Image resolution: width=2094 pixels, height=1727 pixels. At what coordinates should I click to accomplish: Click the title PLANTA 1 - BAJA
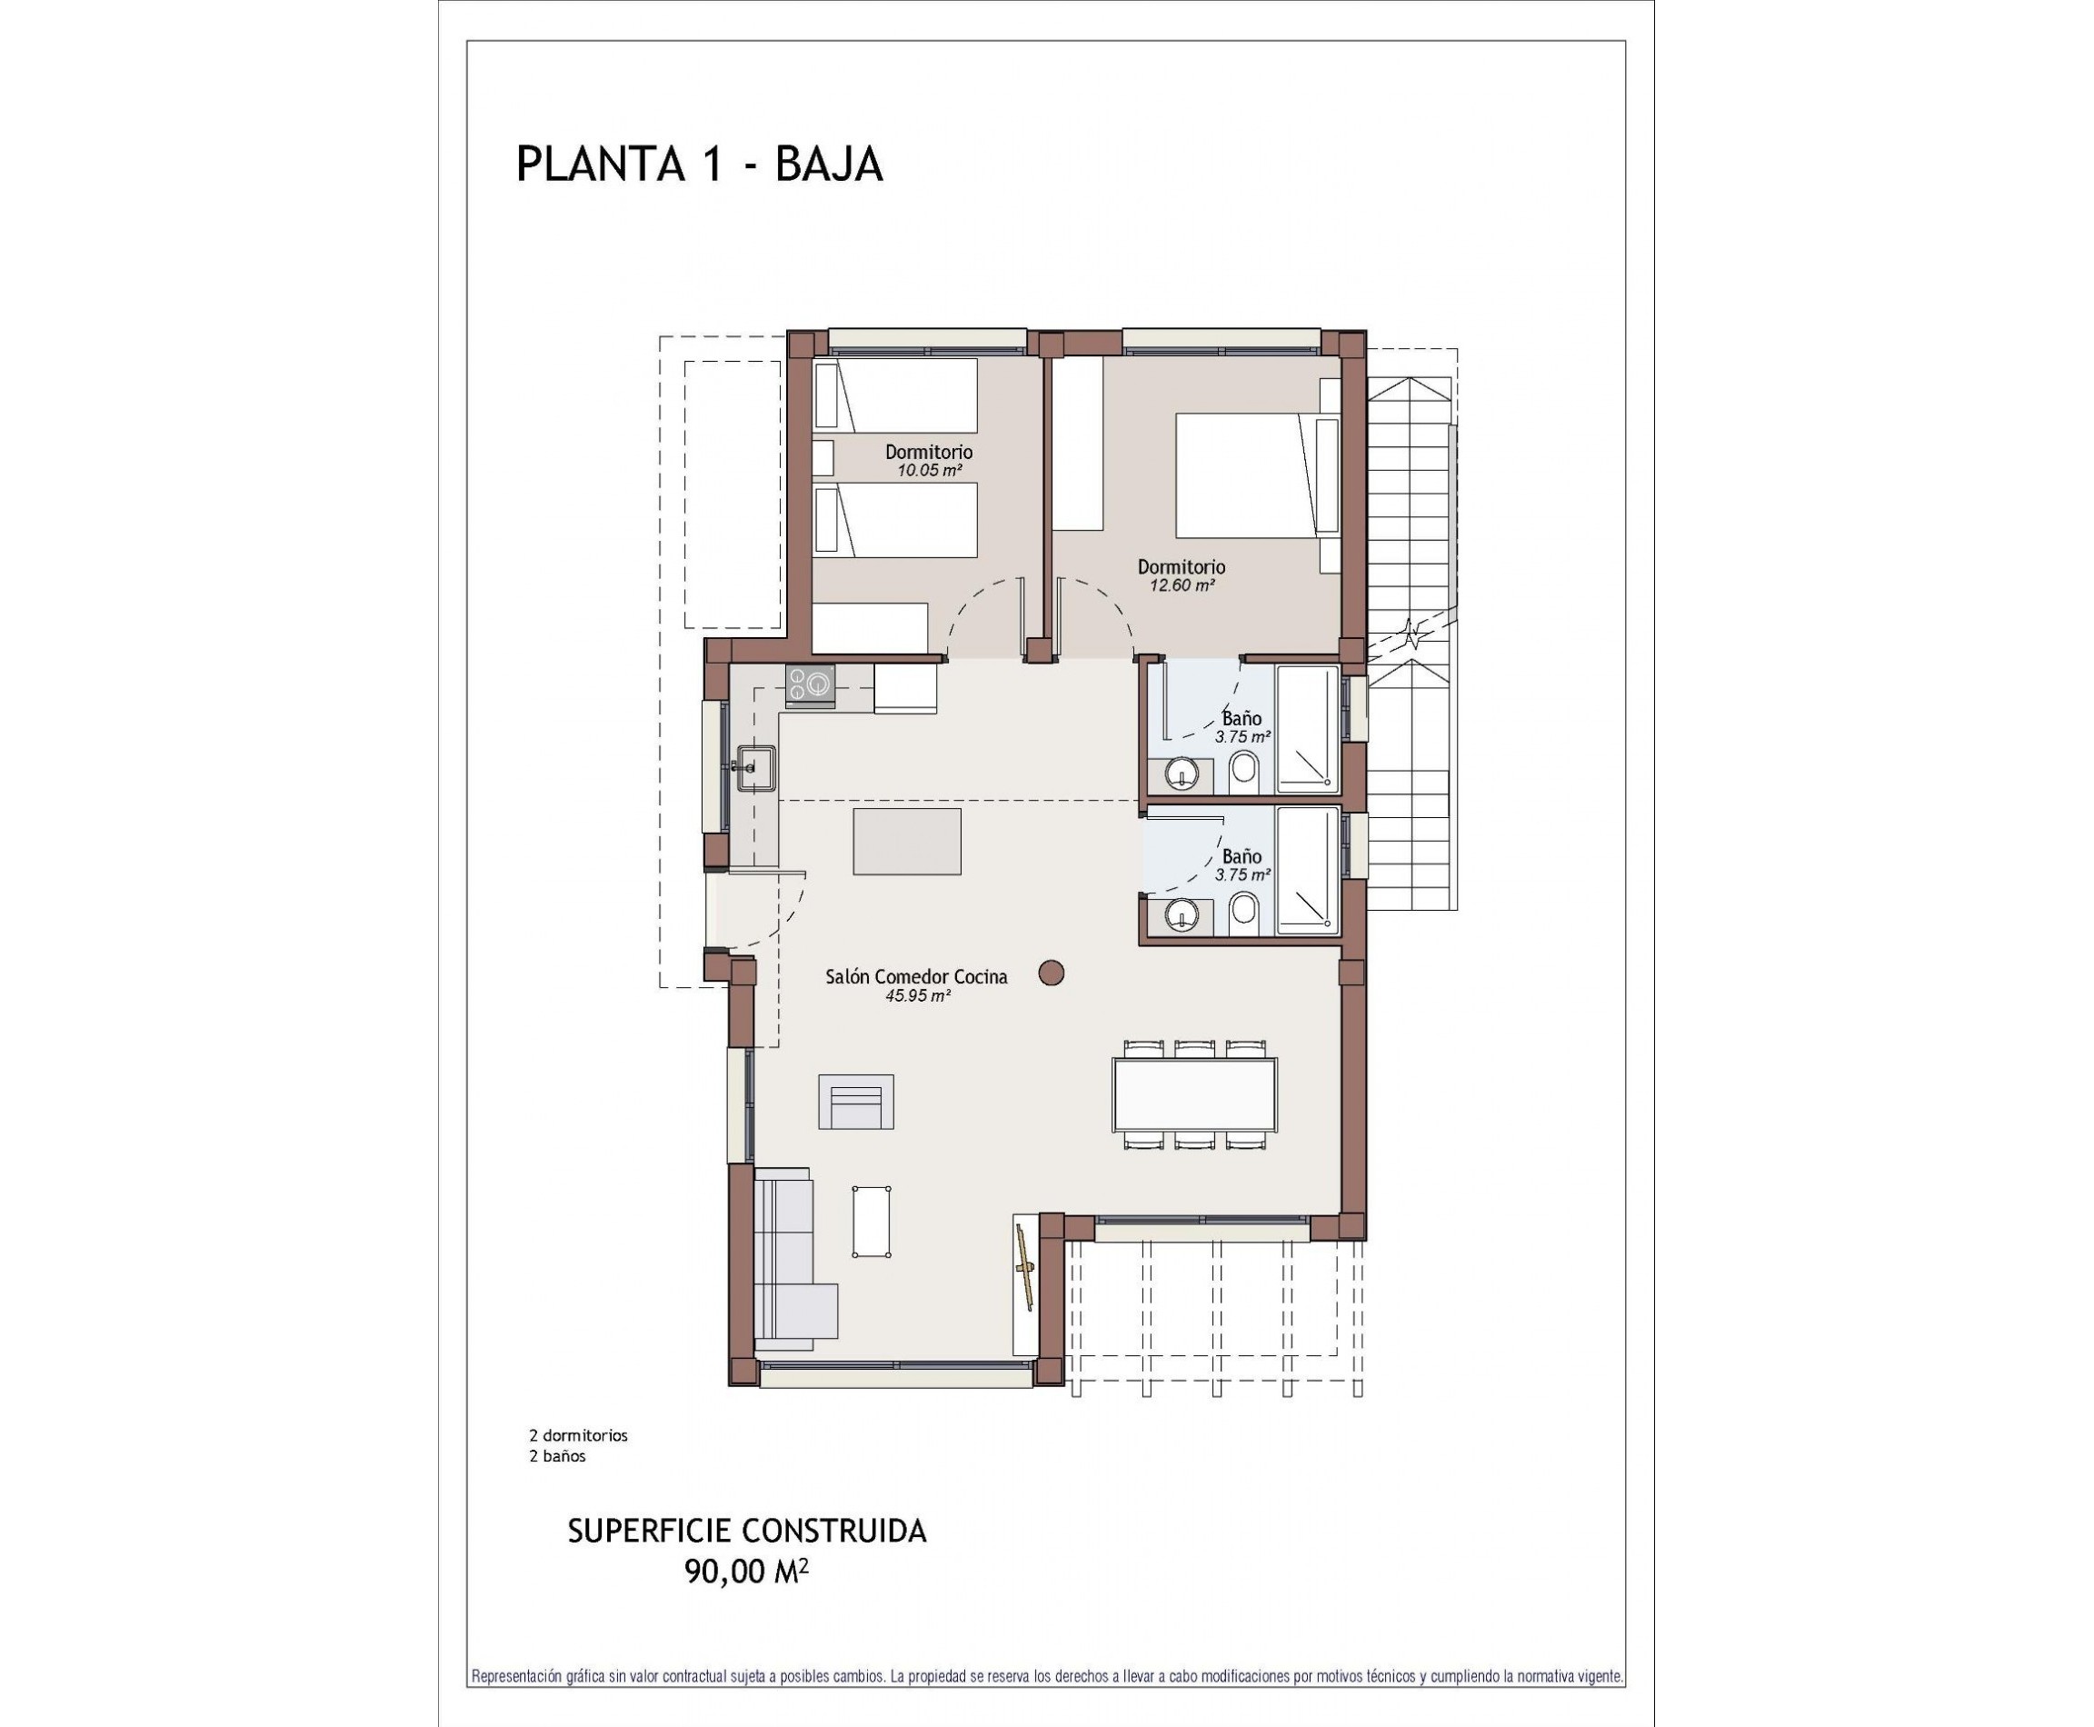[x=699, y=165]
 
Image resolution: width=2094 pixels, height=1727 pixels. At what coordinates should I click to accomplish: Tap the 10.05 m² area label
[x=929, y=471]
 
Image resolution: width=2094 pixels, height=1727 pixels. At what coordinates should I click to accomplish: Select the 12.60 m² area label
[x=1182, y=585]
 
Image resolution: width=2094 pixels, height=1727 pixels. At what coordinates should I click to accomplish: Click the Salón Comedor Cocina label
[x=916, y=977]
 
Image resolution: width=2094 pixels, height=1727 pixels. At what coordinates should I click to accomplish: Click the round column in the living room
[x=1052, y=973]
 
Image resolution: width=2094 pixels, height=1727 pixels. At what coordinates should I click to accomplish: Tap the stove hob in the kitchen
[x=810, y=684]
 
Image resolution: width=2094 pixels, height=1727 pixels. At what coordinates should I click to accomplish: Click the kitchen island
[x=906, y=842]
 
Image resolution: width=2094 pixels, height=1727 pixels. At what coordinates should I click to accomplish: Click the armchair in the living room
[x=855, y=1103]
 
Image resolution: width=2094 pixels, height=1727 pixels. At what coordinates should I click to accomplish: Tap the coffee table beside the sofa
[x=872, y=1222]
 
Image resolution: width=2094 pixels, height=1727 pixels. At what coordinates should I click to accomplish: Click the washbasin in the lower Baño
[x=1182, y=913]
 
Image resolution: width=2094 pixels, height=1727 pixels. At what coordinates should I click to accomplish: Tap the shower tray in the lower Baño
[x=1307, y=872]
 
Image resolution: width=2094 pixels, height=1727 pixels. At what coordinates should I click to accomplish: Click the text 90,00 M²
[x=746, y=1572]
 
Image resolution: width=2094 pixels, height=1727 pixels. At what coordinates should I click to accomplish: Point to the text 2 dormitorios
[x=578, y=1435]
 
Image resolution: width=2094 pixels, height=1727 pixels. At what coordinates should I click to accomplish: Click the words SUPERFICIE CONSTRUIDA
[x=746, y=1531]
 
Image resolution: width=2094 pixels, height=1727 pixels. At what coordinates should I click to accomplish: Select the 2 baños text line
[x=557, y=1456]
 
